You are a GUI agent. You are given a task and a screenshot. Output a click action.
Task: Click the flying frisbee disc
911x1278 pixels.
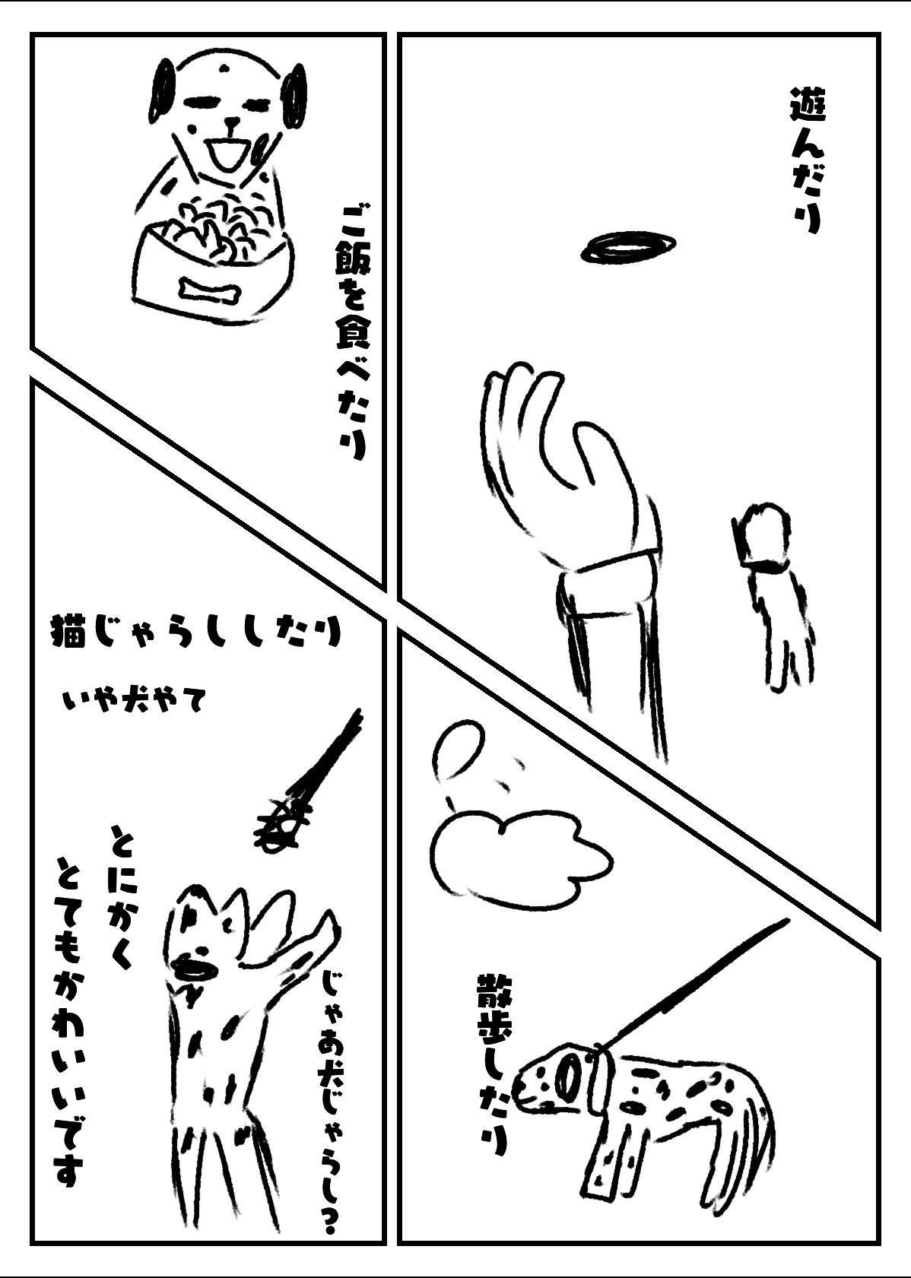tap(628, 246)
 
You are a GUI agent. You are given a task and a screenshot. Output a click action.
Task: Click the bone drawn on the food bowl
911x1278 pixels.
tap(208, 289)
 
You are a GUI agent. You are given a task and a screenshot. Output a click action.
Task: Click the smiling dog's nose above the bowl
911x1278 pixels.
tap(233, 122)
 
